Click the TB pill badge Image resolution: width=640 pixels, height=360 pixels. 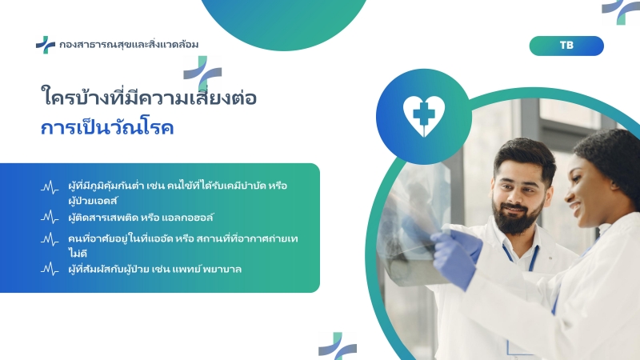click(566, 46)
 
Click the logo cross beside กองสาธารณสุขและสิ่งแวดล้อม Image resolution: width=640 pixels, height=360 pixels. click(46, 45)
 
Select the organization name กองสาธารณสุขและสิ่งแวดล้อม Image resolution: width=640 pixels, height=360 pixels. click(129, 44)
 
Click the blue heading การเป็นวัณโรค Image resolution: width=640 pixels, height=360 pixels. click(107, 127)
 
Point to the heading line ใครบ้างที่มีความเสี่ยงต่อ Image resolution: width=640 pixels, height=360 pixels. click(149, 97)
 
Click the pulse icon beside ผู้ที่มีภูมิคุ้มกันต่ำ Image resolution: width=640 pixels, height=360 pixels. click(50, 187)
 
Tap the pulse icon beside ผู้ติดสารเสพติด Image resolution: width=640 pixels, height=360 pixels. click(50, 217)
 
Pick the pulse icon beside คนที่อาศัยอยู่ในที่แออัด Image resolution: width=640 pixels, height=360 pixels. click(50, 239)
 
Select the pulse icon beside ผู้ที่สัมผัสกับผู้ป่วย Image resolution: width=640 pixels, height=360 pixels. click(50, 269)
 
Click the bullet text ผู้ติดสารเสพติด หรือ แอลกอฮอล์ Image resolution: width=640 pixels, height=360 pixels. click(141, 218)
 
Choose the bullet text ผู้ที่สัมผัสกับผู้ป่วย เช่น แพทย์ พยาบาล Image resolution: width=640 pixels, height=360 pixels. click(155, 269)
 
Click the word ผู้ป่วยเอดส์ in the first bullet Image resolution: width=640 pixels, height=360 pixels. click(93, 201)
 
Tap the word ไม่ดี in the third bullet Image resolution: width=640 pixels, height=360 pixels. click(78, 254)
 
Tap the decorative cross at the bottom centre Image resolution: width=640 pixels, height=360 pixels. click(338, 346)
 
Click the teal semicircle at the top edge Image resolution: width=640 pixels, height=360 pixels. click(284, 21)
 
